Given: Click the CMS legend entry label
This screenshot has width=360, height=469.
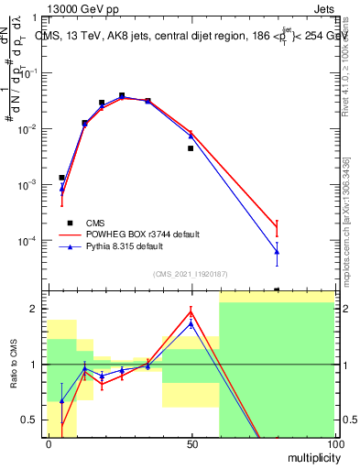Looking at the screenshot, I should [95, 223].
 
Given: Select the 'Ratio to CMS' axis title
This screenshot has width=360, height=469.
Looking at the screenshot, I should [15, 365].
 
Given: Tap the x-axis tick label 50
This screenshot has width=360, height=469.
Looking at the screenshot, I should [191, 443].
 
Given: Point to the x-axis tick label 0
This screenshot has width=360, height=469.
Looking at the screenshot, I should [49, 443].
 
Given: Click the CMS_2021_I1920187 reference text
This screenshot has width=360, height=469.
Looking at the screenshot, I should [190, 273].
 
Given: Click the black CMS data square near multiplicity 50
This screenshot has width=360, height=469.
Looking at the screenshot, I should [191, 148].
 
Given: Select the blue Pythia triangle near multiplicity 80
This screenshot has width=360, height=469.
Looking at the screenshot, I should [277, 252].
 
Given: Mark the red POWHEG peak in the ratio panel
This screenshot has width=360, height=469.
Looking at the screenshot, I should [191, 311].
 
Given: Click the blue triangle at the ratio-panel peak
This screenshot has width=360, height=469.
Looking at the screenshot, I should [191, 323].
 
